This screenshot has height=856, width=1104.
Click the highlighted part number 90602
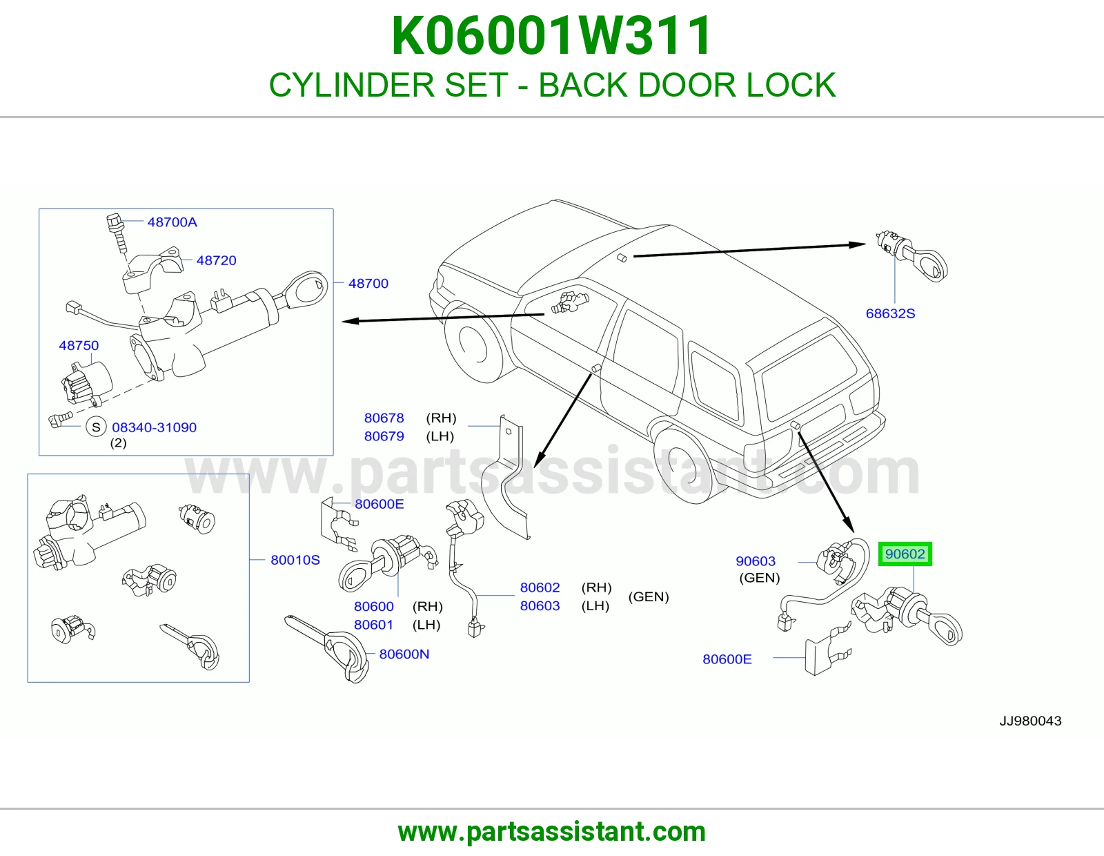click(x=905, y=554)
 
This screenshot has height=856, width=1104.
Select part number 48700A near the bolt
click(x=172, y=222)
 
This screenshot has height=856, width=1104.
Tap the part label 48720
click(x=217, y=260)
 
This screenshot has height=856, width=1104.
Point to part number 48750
click(x=79, y=345)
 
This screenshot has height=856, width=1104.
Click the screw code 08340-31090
click(x=154, y=427)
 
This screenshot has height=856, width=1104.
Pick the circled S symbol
click(x=96, y=427)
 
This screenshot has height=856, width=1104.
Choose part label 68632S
click(x=890, y=313)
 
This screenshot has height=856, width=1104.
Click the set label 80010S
click(x=295, y=560)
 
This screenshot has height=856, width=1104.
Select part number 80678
click(x=384, y=418)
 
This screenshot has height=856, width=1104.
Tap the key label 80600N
click(x=404, y=654)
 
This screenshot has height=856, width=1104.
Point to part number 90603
click(x=756, y=561)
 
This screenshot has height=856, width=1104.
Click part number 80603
click(x=540, y=605)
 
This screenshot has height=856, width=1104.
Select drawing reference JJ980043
click(x=1030, y=721)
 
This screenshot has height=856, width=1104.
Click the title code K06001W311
click(x=552, y=36)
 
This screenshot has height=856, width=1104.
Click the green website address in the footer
click(x=552, y=832)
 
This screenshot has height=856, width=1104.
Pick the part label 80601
click(x=373, y=624)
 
